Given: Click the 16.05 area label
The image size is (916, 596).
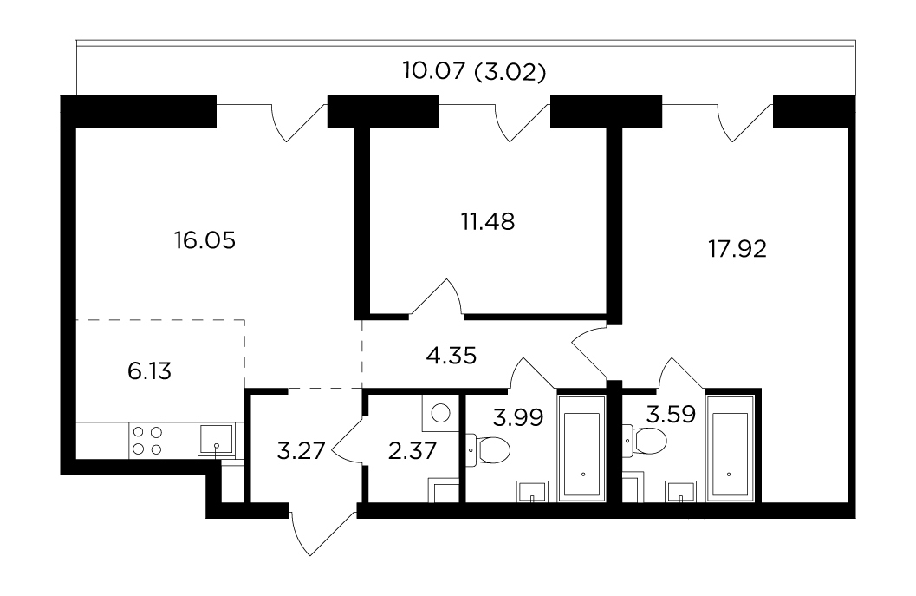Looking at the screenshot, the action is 205,239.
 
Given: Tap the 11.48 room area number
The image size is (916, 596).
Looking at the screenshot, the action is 488,222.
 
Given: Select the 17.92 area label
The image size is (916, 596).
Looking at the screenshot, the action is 737,249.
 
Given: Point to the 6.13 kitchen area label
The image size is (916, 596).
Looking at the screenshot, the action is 150,370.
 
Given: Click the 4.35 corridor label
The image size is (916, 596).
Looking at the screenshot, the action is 452,355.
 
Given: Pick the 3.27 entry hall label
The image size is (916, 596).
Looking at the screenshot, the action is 301,451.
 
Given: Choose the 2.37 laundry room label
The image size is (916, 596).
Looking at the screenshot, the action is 413,451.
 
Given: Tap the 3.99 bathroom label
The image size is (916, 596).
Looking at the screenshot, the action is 518,417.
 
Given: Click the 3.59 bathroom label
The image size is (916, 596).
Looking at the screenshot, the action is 671,414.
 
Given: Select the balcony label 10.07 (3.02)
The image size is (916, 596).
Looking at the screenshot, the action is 474,71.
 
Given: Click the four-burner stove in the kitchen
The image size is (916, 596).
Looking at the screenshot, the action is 147,441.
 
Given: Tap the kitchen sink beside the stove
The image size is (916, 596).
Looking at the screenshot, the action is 216,439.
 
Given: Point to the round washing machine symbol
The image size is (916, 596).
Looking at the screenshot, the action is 440,413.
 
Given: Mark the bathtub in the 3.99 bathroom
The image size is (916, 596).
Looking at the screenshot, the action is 581,449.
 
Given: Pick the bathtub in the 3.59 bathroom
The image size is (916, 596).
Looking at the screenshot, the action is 731,449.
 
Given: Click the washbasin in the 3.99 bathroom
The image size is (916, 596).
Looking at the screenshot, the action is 532,491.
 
